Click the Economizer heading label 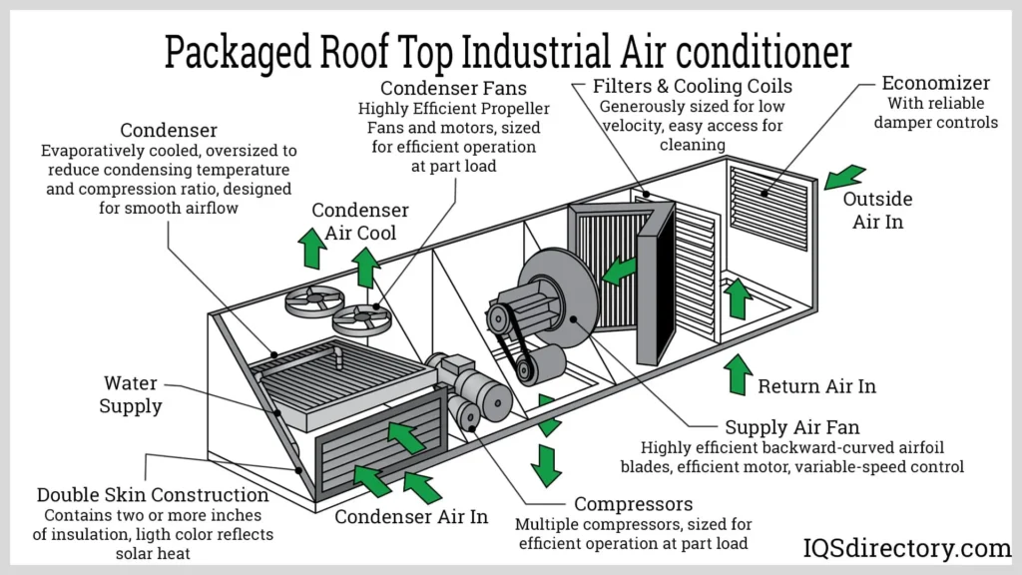click(935, 83)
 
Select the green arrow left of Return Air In click(738, 374)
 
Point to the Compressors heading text click(633, 504)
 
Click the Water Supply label click(131, 394)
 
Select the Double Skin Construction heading click(152, 495)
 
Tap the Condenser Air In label click(411, 516)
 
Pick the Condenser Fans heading click(454, 88)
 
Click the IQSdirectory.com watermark click(907, 548)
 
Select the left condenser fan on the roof click(313, 300)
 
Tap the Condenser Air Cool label click(359, 222)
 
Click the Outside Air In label click(877, 211)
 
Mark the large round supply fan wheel click(560, 298)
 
